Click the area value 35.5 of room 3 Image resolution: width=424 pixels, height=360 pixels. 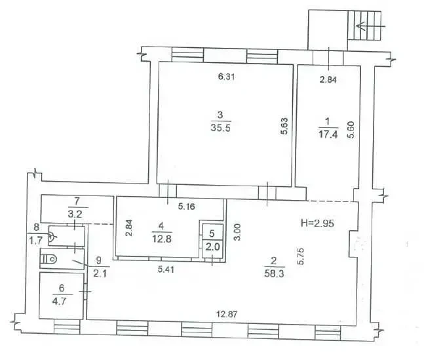tap(221, 127)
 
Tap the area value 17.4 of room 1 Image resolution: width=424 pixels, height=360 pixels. tap(328, 134)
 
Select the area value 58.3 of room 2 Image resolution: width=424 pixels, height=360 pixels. tap(274, 273)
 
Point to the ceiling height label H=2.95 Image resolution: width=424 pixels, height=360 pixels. tap(317, 224)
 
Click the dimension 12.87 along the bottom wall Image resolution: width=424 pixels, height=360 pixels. tap(227, 314)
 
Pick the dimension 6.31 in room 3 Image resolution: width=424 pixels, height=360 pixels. tap(226, 77)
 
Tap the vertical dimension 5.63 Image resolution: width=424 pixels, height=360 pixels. tap(284, 126)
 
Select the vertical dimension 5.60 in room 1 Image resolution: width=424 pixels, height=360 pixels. tap(351, 130)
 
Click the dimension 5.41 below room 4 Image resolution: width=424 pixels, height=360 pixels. tap(166, 270)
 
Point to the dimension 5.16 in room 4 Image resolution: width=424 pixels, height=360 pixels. tap(186, 207)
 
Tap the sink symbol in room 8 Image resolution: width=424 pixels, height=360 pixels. tap(52, 237)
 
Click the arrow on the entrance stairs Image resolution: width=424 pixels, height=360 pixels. tap(370, 26)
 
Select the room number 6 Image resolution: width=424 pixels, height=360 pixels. tap(62, 288)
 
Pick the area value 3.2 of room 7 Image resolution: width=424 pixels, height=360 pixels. tap(75, 214)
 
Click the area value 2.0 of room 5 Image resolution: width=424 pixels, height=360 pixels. tap(213, 247)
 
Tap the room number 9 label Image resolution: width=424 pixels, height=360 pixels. tap(99, 260)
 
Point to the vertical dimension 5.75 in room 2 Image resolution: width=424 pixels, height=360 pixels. tap(300, 256)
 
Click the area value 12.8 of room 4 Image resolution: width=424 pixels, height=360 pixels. tap(162, 239)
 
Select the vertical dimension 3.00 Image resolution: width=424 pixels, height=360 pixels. tap(237, 232)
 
